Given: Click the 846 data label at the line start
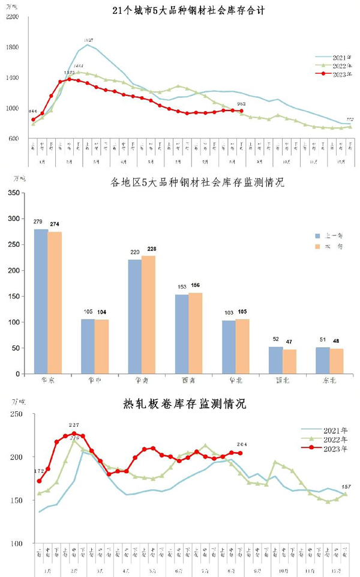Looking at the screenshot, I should [33, 111].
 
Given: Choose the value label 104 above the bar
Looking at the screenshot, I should [102, 312].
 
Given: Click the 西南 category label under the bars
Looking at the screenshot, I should [188, 381].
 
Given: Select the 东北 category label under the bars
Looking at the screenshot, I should [329, 381].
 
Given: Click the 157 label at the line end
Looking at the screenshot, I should [346, 486].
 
